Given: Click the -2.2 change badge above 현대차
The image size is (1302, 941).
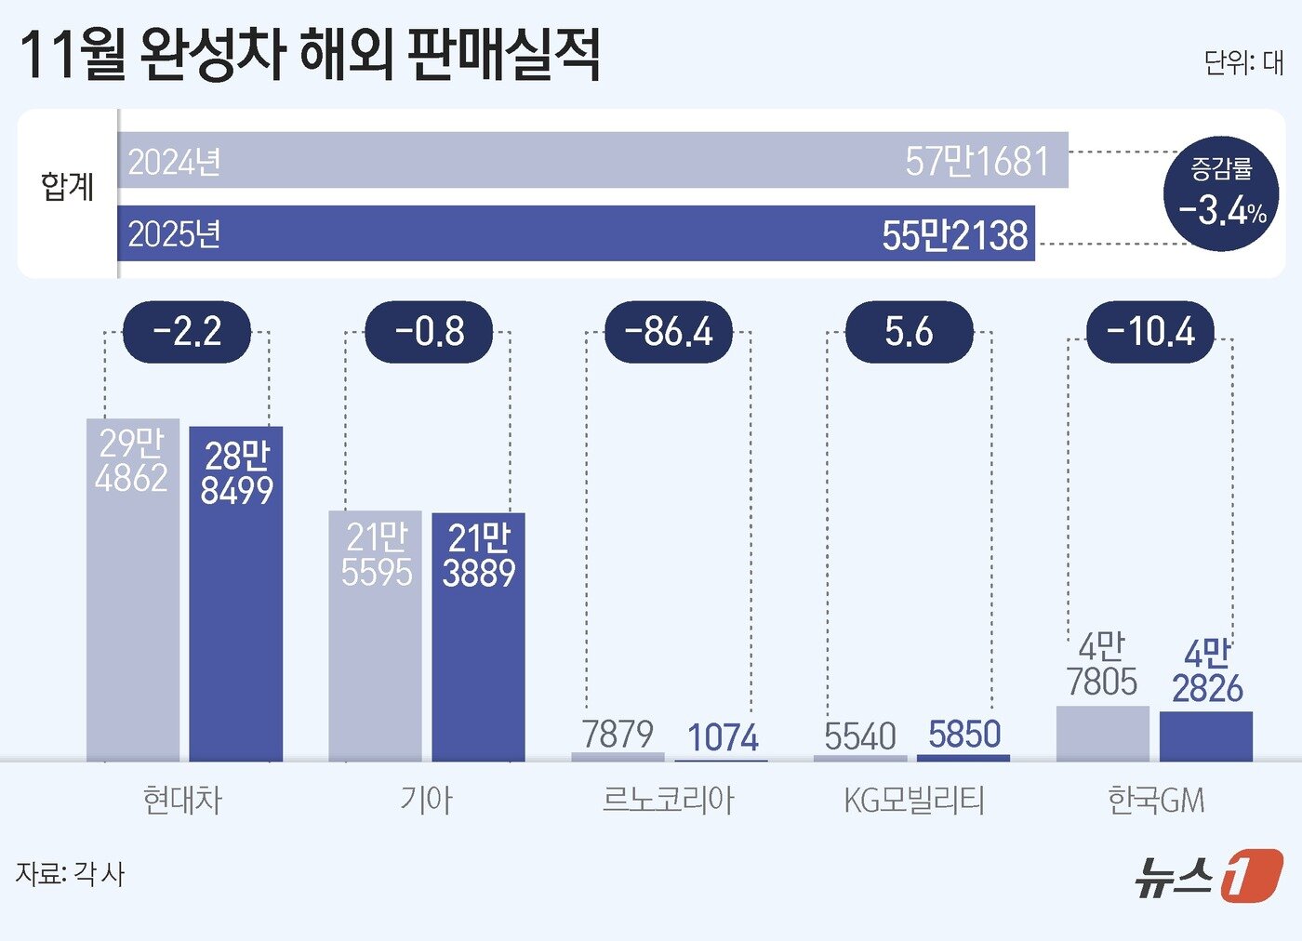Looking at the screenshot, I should [x=187, y=332].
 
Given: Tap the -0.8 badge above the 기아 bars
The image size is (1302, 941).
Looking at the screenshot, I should [x=429, y=332].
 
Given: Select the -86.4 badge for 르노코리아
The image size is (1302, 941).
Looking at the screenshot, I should [x=669, y=332].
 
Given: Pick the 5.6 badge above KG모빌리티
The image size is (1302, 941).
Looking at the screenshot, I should [x=909, y=332].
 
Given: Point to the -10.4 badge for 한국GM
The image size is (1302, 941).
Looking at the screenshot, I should [x=1150, y=332].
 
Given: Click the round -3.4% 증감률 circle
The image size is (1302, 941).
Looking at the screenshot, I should [x=1221, y=194].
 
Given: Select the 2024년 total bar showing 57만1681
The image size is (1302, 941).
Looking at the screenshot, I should [x=592, y=160].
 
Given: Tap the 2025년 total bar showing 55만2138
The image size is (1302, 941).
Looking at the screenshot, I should [x=576, y=233].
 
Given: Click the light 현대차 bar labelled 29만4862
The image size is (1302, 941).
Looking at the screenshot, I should [x=133, y=595].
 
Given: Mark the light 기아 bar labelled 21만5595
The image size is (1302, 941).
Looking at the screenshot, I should [x=376, y=642].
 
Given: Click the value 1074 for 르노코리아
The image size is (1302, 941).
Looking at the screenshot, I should [x=723, y=738].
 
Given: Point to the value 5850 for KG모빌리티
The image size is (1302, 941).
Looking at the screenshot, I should [x=964, y=735].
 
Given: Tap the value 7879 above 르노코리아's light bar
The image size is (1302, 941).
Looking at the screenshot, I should [x=618, y=734].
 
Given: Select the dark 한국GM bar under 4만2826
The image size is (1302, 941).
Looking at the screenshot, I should [x=1206, y=736].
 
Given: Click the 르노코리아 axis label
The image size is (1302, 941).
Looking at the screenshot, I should [x=669, y=800].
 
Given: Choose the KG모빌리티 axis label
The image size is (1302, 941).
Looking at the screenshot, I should [x=913, y=800].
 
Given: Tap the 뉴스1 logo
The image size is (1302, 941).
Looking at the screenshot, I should [x=1208, y=876].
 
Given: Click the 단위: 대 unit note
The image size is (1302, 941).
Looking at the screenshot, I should [x=1243, y=62].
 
